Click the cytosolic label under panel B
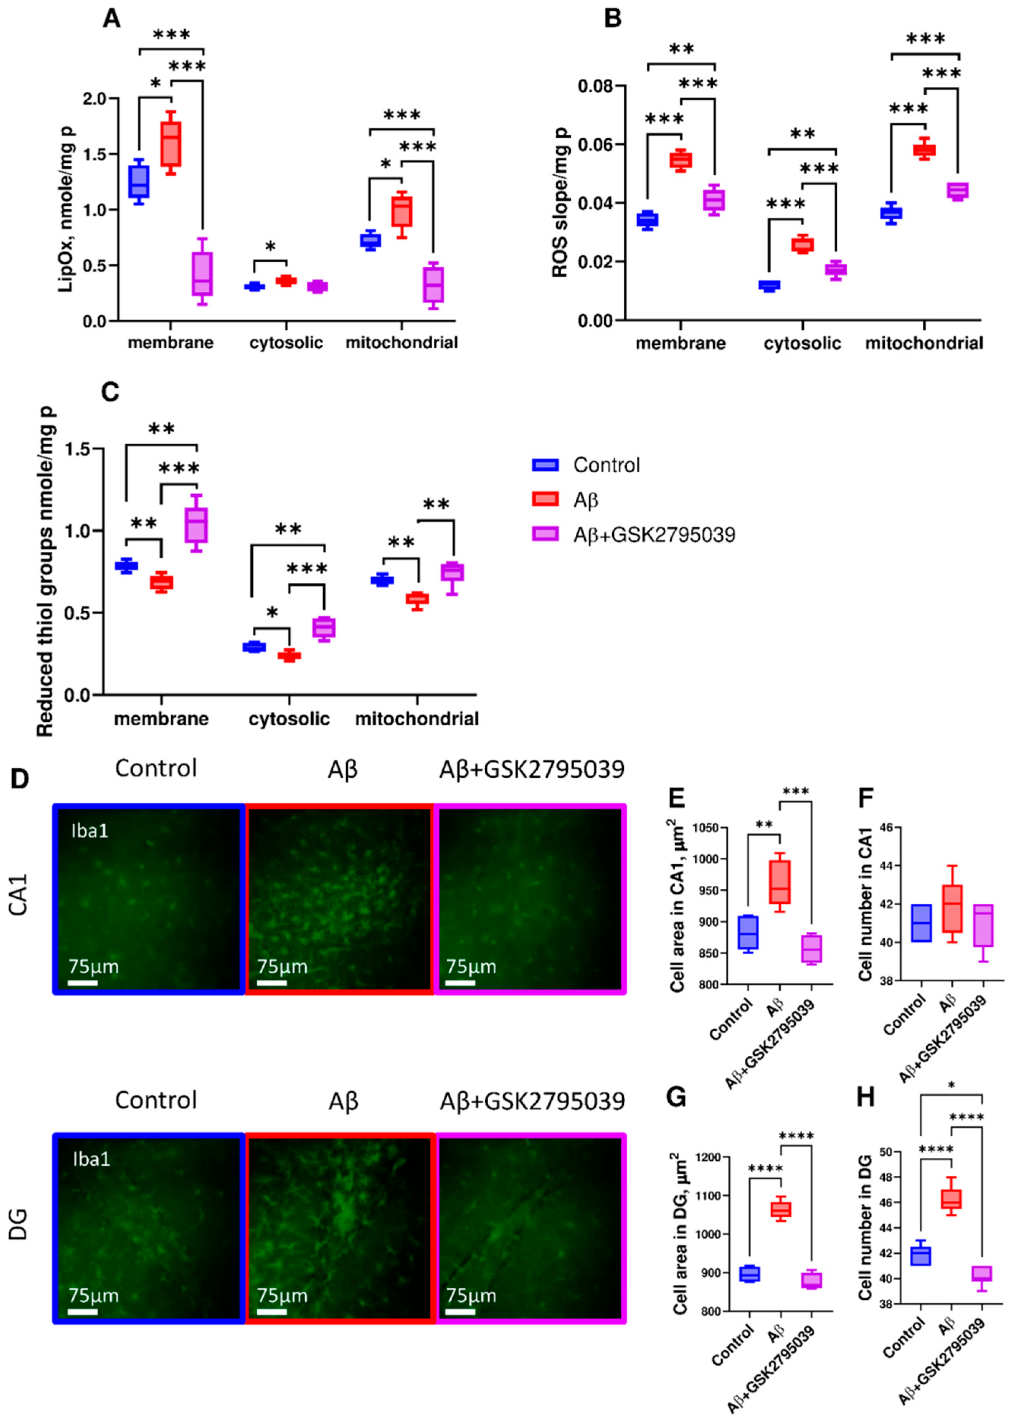(802, 343)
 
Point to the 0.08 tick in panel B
(593, 85)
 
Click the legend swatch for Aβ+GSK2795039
(544, 534)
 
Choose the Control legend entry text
(606, 465)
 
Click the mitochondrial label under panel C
(417, 719)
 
